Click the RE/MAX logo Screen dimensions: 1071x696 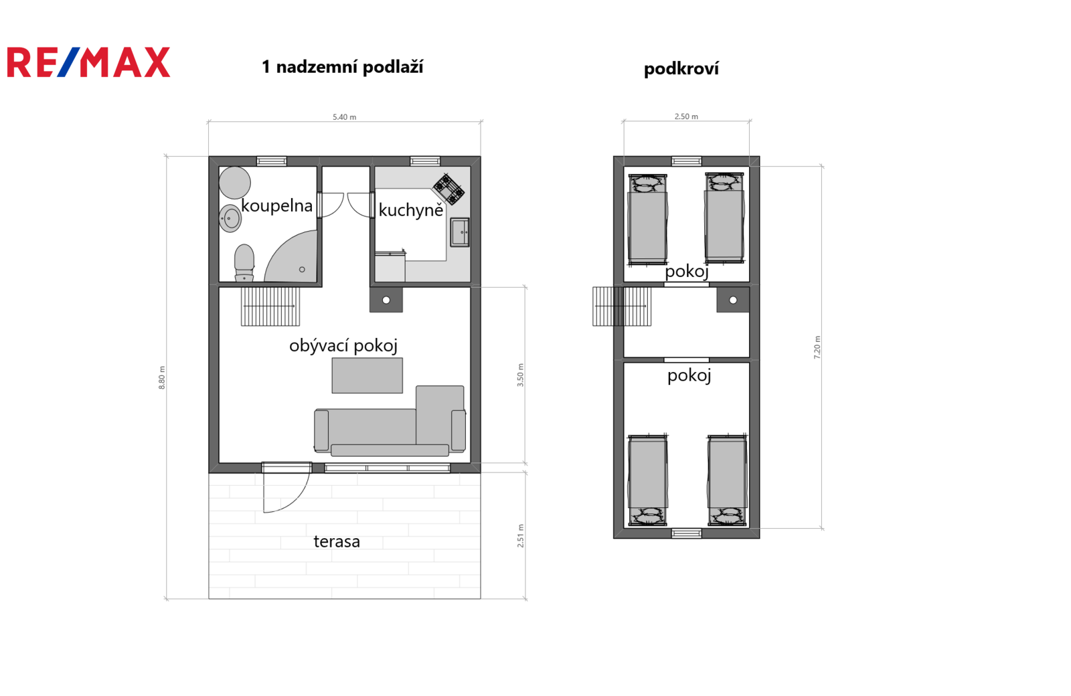tap(88, 62)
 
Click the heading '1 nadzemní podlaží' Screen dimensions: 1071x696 tap(342, 67)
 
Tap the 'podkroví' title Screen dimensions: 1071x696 tap(681, 69)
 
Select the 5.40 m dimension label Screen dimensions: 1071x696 tap(344, 117)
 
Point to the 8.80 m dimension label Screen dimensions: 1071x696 tap(161, 377)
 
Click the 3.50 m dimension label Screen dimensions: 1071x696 tap(520, 375)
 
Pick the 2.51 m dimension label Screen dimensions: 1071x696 tap(520, 536)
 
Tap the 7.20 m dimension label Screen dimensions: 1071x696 tap(817, 347)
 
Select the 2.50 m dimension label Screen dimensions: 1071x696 tap(686, 116)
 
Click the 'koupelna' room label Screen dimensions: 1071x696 tap(277, 205)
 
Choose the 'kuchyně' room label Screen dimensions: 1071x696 tap(411, 210)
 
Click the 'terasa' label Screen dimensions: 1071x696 tap(337, 541)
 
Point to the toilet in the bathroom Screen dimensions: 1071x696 tap(244, 263)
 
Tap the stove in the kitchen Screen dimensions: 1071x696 tap(448, 189)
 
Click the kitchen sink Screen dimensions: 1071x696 tap(460, 232)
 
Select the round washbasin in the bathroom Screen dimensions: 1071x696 tap(230, 219)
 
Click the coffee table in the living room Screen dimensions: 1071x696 tap(367, 375)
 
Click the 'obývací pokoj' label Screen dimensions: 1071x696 tap(343, 345)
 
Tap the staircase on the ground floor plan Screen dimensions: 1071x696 tap(270, 307)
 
